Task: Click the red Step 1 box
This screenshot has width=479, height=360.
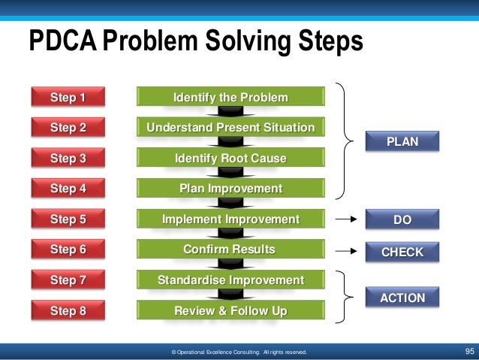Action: tap(68, 98)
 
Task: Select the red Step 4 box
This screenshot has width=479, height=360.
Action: tap(68, 189)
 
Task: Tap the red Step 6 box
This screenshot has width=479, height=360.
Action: tap(68, 250)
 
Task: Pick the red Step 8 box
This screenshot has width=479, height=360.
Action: tap(68, 310)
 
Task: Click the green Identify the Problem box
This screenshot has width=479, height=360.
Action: tap(230, 98)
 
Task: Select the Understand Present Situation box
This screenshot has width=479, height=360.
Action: tap(230, 128)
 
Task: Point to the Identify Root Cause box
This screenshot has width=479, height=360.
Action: tap(230, 159)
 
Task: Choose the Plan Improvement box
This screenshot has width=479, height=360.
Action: tap(230, 189)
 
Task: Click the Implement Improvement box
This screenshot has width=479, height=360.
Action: tap(230, 219)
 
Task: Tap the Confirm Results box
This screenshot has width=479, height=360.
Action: tap(230, 250)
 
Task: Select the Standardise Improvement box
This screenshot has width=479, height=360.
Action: tap(230, 280)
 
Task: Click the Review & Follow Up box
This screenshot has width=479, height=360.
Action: tap(230, 310)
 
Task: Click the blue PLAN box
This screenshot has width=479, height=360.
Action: tap(402, 141)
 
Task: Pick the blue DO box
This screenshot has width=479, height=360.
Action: tap(402, 220)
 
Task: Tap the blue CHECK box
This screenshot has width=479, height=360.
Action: tap(402, 253)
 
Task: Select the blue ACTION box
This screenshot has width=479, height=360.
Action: tap(402, 298)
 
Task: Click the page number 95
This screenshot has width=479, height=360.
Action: tap(470, 351)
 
